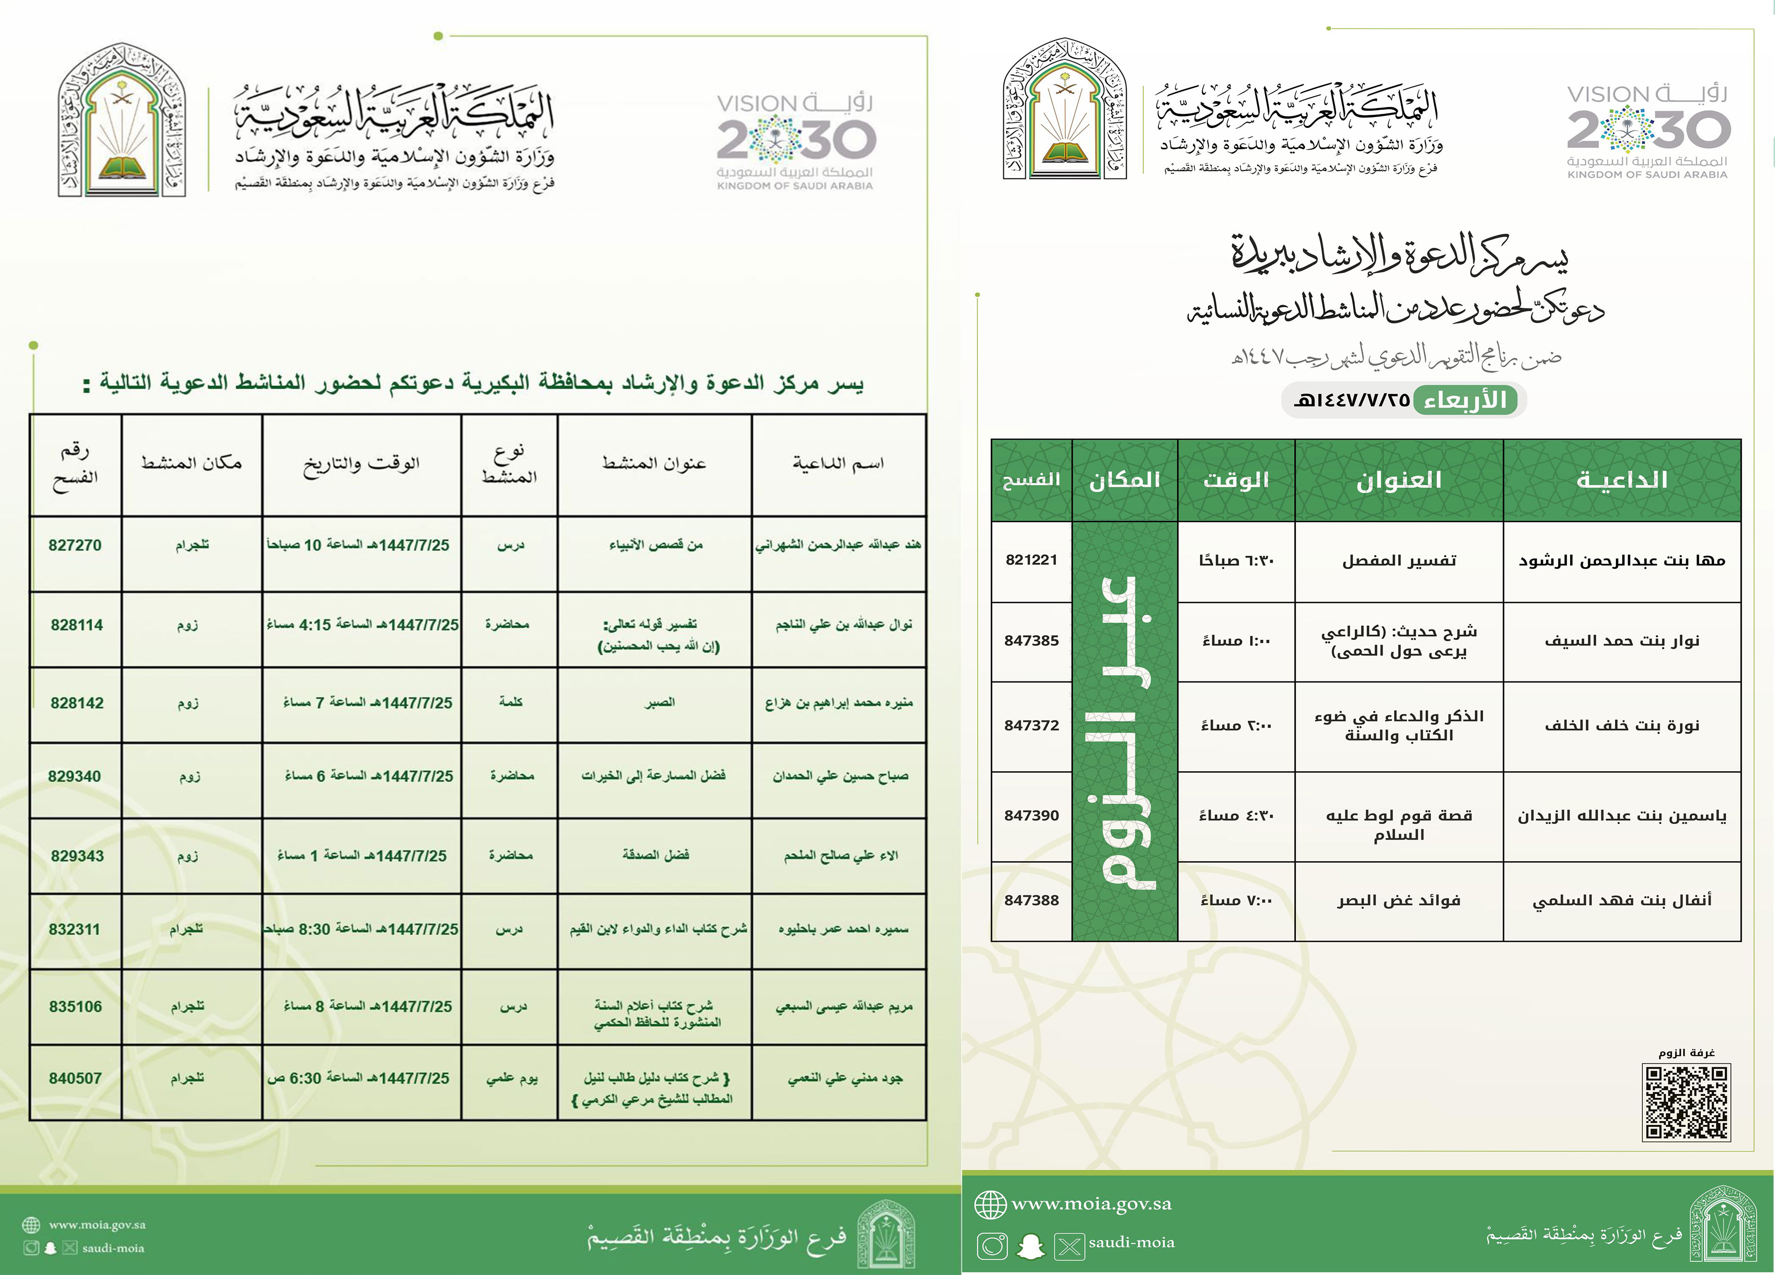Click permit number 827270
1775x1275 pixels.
[75, 545]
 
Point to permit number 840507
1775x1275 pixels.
[75, 1079]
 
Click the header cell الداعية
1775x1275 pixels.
[1622, 480]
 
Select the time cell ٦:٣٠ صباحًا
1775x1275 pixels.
[1236, 561]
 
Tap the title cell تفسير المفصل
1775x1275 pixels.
[1399, 561]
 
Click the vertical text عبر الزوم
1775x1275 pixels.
[1124, 732]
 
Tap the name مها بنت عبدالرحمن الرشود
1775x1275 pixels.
[1622, 561]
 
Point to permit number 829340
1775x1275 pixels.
[74, 776]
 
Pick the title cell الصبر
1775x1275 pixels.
[659, 702]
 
